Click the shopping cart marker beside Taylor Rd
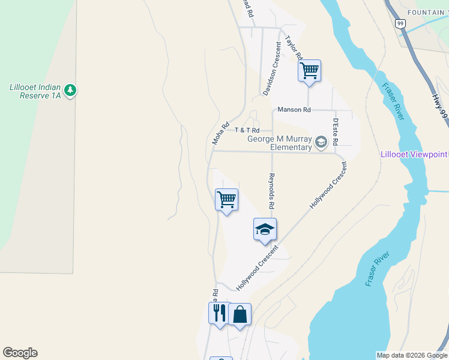309,71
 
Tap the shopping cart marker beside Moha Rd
226,199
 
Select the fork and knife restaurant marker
218,313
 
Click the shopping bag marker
240,314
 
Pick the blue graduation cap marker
265,229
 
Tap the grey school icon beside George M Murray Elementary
321,142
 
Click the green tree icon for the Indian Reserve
71,90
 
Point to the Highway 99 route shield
400,23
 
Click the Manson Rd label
294,110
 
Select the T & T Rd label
247,130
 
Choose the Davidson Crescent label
272,69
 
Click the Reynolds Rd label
271,191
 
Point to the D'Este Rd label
336,131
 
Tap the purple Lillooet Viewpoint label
414,154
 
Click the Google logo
20,353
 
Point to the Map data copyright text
412,355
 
